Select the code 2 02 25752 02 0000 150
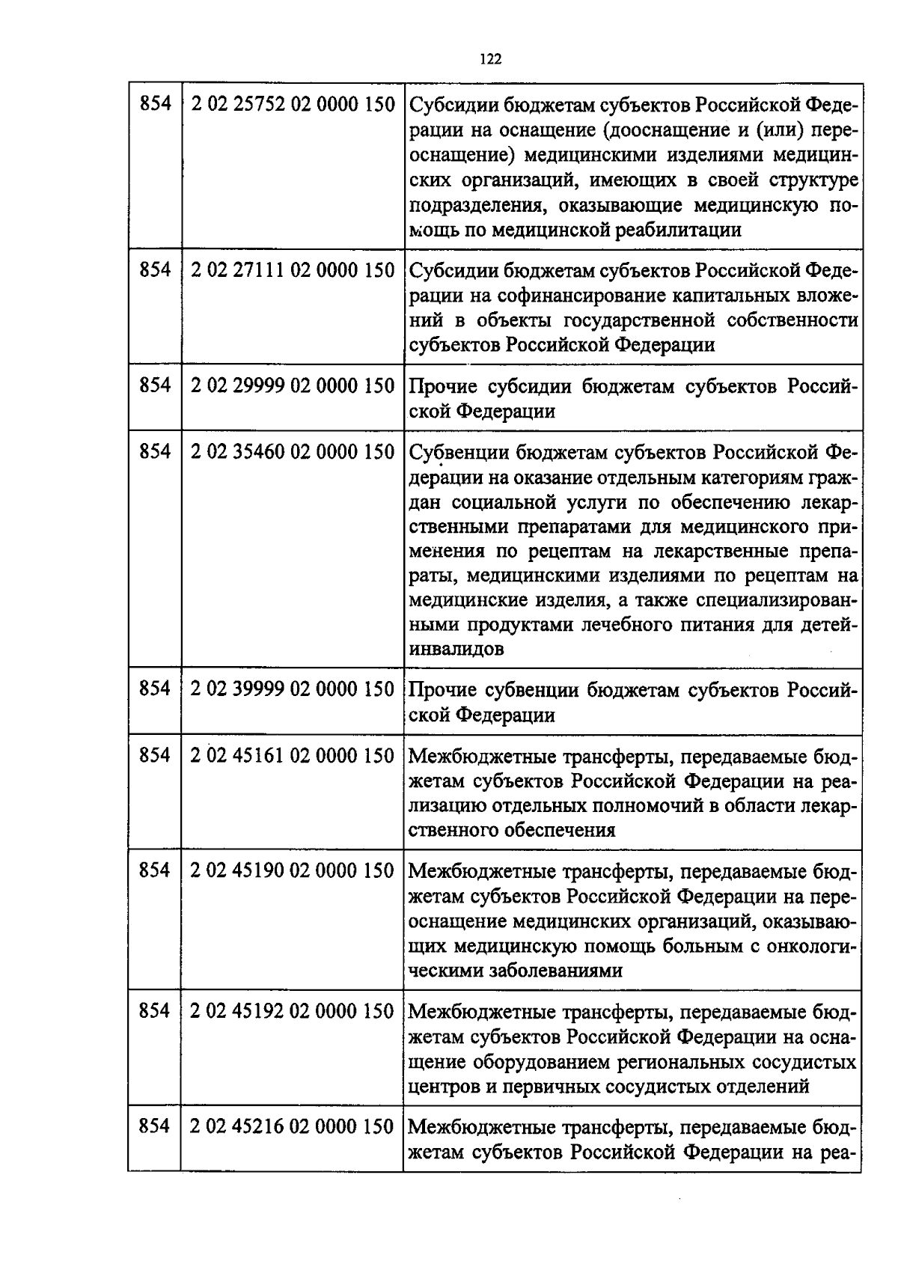click(x=293, y=105)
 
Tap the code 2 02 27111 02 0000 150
click(x=293, y=270)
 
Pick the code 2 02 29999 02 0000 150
click(x=293, y=386)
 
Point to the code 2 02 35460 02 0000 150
click(x=293, y=452)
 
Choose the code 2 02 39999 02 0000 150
click(x=293, y=689)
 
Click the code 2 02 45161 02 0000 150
click(x=293, y=756)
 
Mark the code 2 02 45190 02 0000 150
click(x=293, y=871)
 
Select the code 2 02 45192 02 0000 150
click(x=293, y=1012)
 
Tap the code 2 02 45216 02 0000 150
click(x=293, y=1127)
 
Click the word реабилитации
click(x=679, y=230)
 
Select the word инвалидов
click(x=456, y=650)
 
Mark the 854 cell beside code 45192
click(x=154, y=1012)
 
